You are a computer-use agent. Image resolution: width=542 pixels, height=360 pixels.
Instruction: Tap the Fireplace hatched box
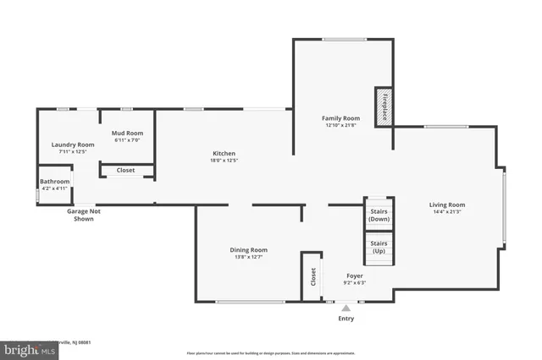point(383,107)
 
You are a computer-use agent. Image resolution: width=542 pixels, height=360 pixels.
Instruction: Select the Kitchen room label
point(224,153)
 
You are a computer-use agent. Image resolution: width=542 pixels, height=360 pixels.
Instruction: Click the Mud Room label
point(128,134)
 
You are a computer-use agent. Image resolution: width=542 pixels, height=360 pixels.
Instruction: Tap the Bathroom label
point(55,181)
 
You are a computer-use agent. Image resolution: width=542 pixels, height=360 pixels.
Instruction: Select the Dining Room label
point(249,249)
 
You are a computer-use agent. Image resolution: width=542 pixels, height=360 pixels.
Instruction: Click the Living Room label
point(446,205)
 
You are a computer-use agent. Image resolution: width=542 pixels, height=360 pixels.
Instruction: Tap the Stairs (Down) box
point(379,215)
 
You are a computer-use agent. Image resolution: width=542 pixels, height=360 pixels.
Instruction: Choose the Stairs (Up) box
point(379,248)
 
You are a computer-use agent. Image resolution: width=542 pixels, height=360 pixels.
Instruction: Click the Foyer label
point(355,275)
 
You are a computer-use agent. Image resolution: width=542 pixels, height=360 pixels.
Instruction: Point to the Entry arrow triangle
point(346,308)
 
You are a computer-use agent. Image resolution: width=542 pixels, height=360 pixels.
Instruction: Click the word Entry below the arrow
point(346,319)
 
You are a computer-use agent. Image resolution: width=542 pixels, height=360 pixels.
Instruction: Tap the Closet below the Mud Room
point(126,170)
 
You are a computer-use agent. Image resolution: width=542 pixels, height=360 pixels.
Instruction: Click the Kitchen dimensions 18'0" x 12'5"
point(224,161)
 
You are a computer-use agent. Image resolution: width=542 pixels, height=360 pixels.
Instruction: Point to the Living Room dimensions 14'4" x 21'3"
point(446,212)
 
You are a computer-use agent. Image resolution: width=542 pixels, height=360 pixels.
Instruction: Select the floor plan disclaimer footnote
point(271,353)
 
